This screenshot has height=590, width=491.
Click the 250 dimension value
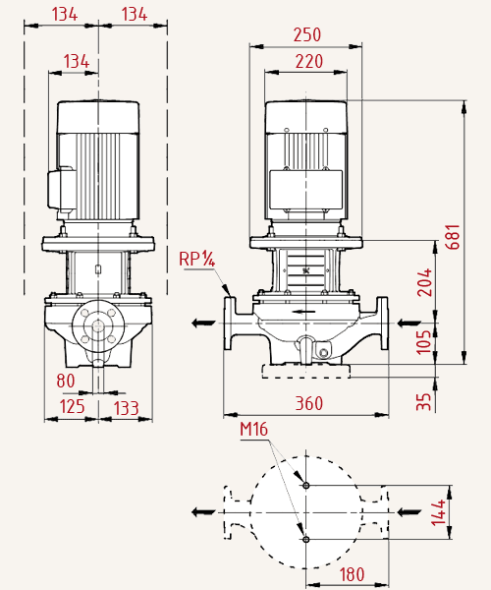(x=307, y=35)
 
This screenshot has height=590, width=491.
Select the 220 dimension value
(x=308, y=62)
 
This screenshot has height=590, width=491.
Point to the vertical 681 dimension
(x=453, y=237)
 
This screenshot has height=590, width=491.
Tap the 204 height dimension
(x=424, y=282)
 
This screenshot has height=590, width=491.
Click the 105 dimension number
(x=424, y=342)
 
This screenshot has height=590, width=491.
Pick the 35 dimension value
(x=424, y=402)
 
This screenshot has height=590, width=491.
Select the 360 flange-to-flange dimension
(x=308, y=403)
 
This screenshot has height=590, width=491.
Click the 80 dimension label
(x=66, y=381)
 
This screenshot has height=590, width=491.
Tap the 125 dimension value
(x=72, y=407)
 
